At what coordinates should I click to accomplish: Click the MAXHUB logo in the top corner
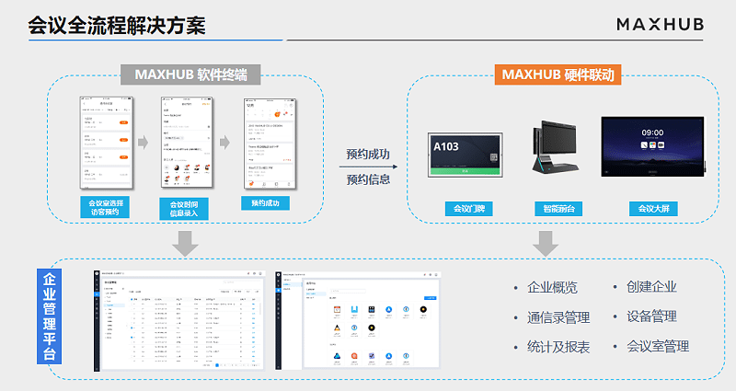660,24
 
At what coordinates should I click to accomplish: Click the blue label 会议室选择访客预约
106,207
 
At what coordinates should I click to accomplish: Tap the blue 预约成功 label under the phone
265,202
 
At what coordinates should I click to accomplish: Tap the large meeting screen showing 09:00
652,145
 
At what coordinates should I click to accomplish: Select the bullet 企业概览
552,288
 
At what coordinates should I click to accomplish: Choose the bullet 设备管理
651,316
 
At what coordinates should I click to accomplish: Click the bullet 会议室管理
657,347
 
